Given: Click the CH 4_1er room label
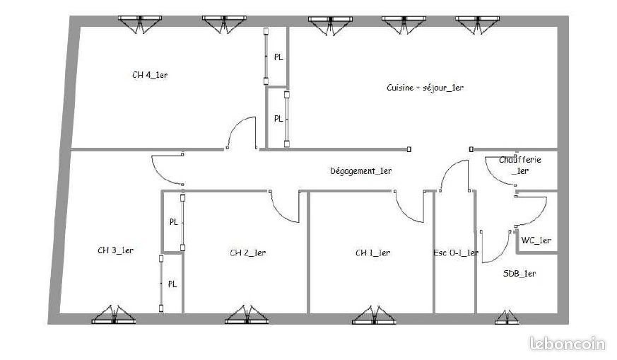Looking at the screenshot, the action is (x=150, y=75).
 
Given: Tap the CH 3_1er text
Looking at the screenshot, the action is (x=115, y=250).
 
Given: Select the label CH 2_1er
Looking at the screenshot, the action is (x=248, y=253).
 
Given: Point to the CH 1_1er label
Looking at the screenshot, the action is (x=372, y=253).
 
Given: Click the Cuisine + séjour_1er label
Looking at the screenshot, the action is (x=425, y=88).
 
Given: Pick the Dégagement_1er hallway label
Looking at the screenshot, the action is (x=361, y=171).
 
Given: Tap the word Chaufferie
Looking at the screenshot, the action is (x=519, y=160).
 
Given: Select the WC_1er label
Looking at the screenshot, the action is (x=536, y=240).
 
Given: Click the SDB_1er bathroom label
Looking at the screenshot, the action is (x=519, y=273).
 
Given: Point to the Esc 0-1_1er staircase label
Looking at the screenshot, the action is (x=456, y=253).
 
